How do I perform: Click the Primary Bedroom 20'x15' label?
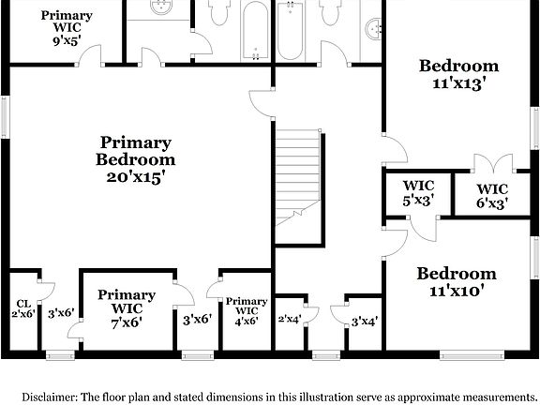(136, 158)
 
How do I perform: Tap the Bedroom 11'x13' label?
(458, 74)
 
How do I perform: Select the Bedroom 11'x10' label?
(457, 282)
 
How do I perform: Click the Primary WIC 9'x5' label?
(67, 28)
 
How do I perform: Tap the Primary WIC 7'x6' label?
(127, 307)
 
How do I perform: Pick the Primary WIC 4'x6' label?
(247, 310)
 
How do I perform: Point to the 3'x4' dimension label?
(364, 322)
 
